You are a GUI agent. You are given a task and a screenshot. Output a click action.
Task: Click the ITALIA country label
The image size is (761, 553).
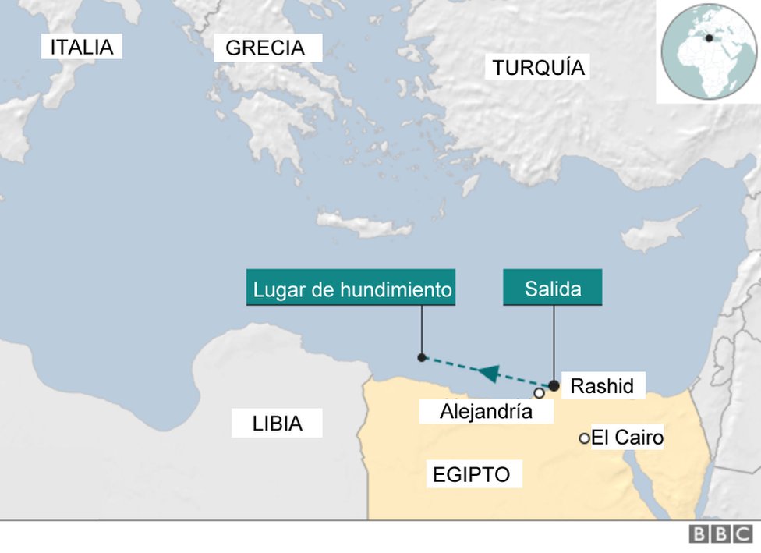click(82, 48)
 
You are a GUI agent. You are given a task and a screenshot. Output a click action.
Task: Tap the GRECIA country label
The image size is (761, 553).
click(266, 48)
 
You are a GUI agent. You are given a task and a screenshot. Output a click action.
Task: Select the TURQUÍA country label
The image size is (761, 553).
click(538, 68)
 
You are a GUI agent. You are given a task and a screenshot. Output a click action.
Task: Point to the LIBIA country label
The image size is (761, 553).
click(277, 424)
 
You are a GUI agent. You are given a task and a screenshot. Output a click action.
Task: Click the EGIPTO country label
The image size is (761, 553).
click(471, 474)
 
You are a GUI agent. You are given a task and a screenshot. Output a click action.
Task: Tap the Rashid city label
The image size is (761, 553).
click(602, 385)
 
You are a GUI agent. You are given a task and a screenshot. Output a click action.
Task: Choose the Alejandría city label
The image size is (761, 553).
click(486, 411)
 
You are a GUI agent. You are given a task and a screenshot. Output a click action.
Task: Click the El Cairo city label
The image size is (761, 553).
click(627, 438)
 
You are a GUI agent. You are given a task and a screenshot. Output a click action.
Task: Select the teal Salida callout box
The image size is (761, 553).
click(552, 288)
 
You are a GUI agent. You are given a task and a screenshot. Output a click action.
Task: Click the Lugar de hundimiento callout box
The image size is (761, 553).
click(352, 289)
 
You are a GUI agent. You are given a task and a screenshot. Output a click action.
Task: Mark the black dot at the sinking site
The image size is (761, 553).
click(422, 358)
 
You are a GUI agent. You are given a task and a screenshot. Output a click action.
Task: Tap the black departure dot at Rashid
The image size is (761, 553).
click(554, 385)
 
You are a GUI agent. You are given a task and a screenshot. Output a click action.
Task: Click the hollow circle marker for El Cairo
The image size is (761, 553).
click(584, 438)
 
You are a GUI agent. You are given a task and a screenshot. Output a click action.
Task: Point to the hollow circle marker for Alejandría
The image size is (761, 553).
click(539, 393)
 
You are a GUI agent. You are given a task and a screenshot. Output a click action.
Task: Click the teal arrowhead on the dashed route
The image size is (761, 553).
click(488, 373)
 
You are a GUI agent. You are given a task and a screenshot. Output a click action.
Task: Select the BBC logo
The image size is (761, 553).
click(720, 534)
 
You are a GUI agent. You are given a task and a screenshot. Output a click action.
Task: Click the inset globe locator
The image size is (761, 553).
click(708, 51)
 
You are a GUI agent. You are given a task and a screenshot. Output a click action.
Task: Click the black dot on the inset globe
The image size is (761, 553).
click(710, 37)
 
